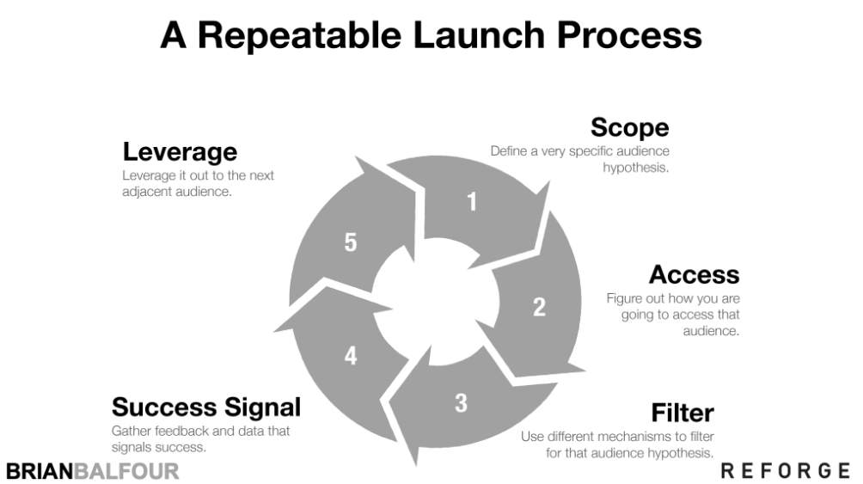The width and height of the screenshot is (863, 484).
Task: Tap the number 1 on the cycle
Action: click(471, 202)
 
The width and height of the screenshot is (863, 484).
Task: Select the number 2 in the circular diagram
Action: click(539, 307)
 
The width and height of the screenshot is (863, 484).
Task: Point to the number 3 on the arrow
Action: click(461, 401)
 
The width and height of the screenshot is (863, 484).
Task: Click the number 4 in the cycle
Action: click(351, 355)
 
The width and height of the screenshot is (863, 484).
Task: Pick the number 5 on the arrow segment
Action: click(351, 243)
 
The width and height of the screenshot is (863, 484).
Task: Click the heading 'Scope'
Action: click(629, 127)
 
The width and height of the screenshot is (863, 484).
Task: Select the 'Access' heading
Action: click(694, 274)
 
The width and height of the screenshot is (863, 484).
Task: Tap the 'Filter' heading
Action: click(682, 412)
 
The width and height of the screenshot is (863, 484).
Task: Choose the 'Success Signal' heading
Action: click(206, 406)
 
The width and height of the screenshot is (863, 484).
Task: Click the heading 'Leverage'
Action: click(180, 151)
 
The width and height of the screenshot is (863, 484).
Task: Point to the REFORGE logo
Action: click(786, 470)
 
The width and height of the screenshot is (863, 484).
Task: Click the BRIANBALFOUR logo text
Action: click(92, 471)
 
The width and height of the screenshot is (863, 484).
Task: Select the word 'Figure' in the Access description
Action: click(623, 298)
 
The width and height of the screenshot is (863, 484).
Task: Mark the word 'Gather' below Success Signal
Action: click(132, 431)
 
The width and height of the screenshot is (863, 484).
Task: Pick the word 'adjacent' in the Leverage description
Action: click(147, 192)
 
